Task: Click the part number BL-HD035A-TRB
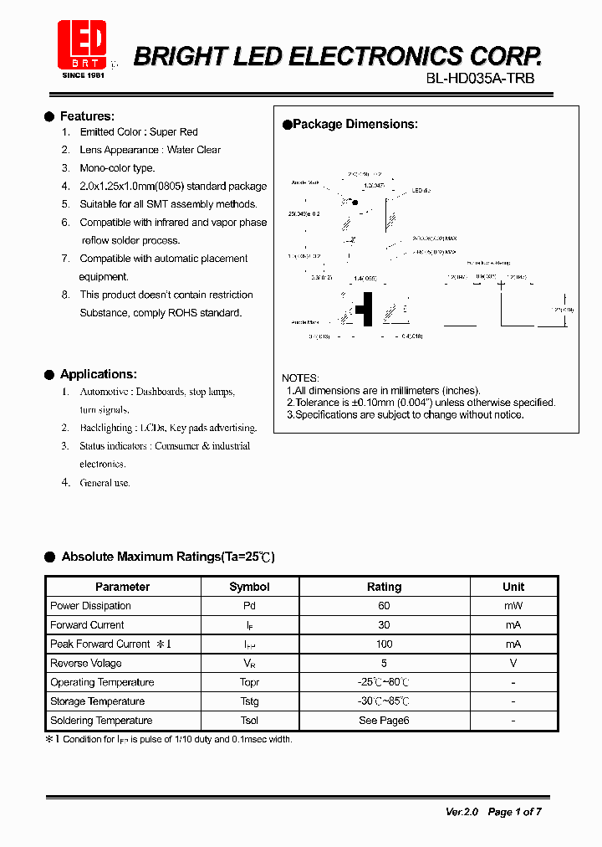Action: point(480,78)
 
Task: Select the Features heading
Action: point(87,116)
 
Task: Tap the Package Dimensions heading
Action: point(355,124)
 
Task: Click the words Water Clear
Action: point(194,150)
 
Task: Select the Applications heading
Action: point(98,374)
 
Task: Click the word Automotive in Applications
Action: point(105,392)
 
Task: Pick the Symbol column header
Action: point(249,587)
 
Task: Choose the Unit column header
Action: point(513,587)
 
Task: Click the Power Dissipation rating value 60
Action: point(384,606)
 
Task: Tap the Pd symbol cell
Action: point(249,606)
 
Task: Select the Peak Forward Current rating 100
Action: point(384,644)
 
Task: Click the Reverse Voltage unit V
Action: point(513,664)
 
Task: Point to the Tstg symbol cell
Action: point(249,701)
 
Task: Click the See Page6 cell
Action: point(384,721)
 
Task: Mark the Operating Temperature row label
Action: point(102,682)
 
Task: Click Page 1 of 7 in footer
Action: point(514,812)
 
